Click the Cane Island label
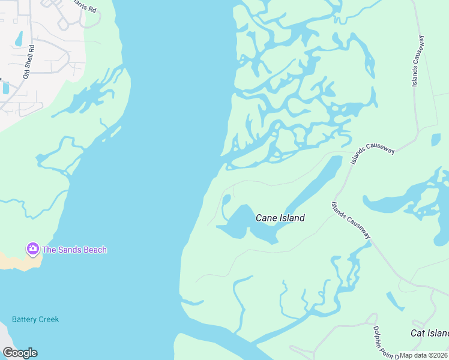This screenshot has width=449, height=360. (x=280, y=218)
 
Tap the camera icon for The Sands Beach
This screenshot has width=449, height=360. (x=32, y=248)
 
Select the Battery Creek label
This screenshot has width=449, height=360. (x=35, y=319)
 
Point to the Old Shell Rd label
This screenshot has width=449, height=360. (x=28, y=61)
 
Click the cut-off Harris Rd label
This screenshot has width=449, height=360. (x=83, y=7)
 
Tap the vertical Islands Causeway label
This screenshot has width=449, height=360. (x=419, y=61)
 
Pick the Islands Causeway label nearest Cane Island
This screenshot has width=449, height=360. (x=351, y=220)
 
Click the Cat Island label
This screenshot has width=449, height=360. (x=429, y=333)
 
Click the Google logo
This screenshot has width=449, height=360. (x=20, y=353)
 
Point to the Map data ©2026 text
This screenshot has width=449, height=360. (x=424, y=355)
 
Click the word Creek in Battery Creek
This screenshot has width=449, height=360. (x=48, y=319)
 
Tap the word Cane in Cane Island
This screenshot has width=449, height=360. (x=266, y=218)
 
